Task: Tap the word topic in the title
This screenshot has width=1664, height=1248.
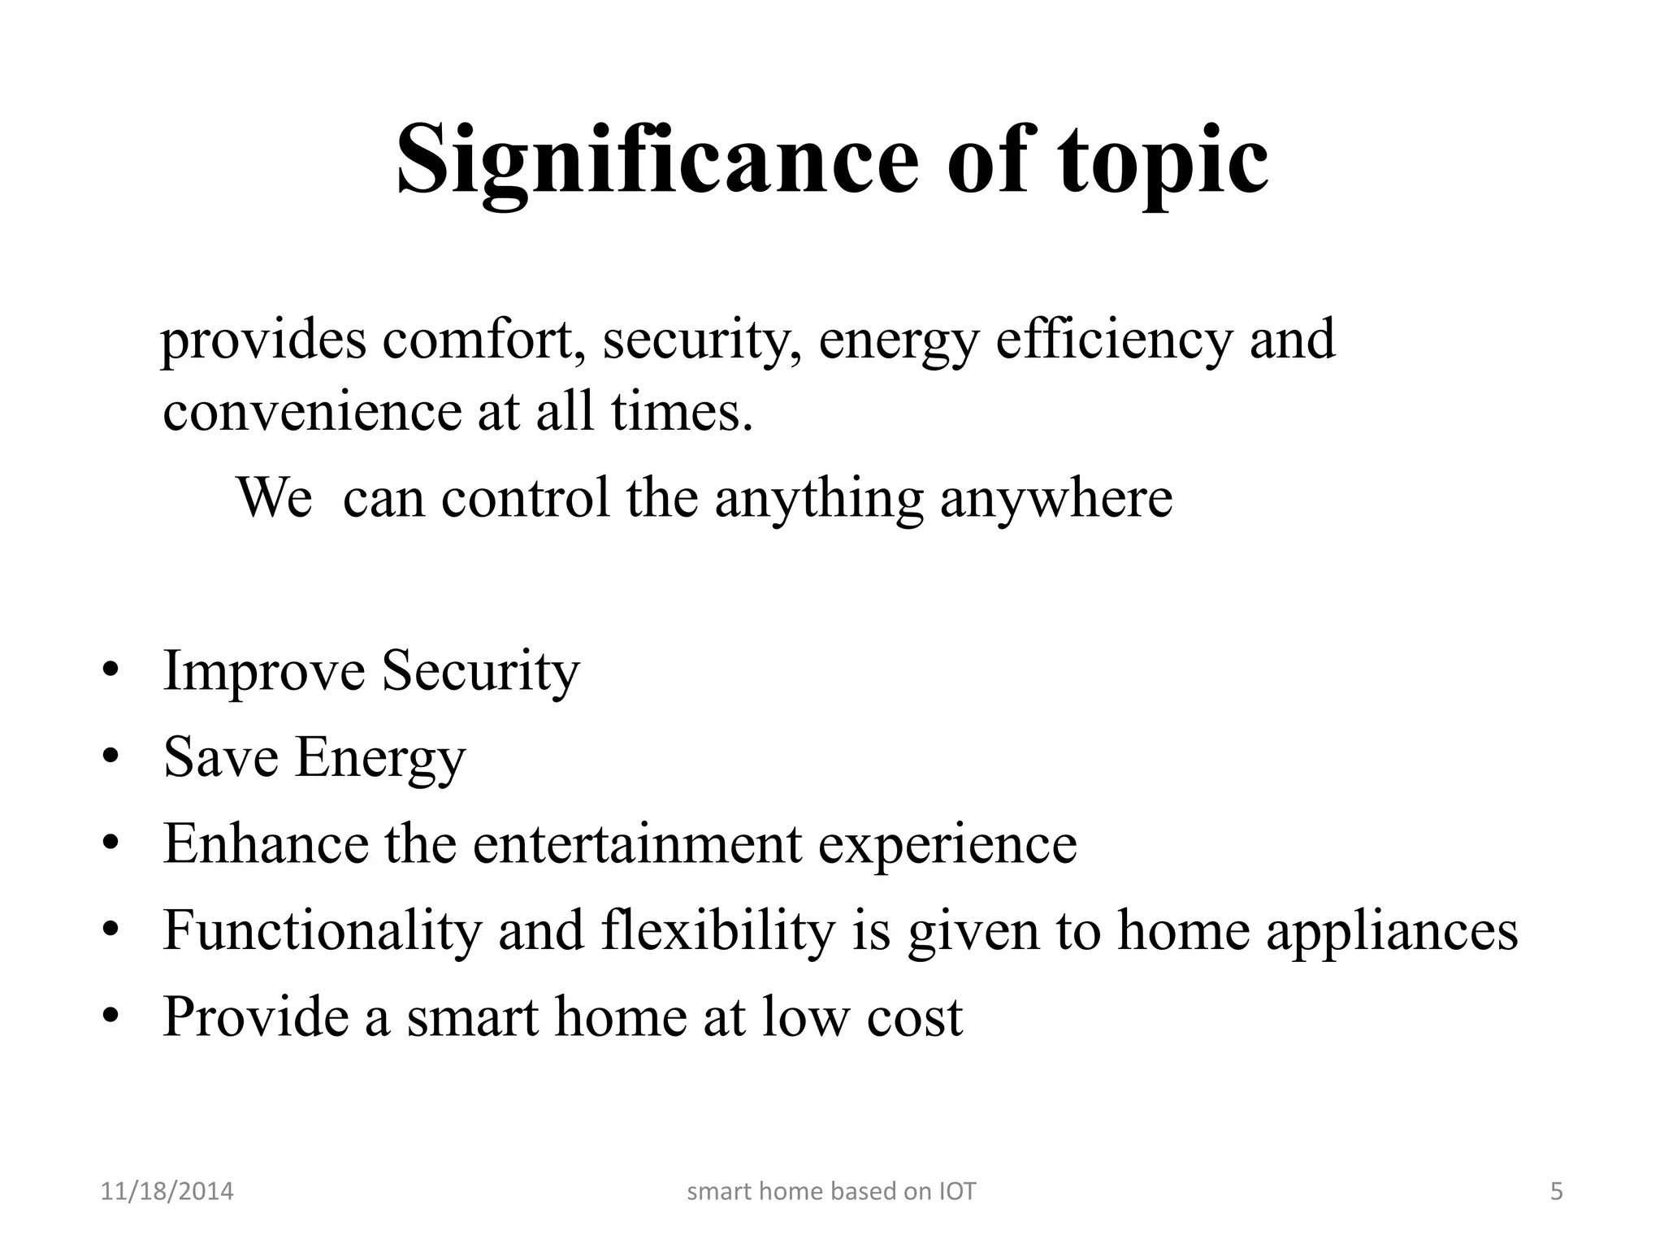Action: [1163, 162]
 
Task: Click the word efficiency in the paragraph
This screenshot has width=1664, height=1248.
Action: [1115, 341]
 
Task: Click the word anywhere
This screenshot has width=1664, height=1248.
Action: [1056, 499]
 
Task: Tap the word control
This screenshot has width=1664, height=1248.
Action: [525, 497]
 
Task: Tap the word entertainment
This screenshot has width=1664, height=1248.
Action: [638, 844]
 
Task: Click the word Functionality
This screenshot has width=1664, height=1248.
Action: [323, 931]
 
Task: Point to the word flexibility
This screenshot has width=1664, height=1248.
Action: [719, 931]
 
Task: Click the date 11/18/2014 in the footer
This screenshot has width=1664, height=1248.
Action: [167, 1192]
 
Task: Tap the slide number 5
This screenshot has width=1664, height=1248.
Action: [1557, 1192]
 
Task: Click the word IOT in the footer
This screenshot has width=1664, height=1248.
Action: [958, 1192]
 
